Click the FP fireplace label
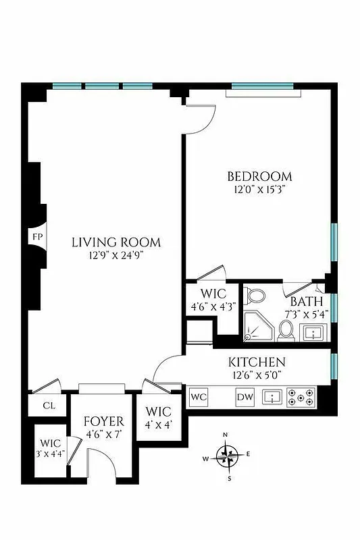pyautogui.click(x=36, y=237)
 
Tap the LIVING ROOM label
pyautogui.click(x=116, y=242)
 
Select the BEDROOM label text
pyautogui.click(x=259, y=177)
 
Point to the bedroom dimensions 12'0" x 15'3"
pyautogui.click(x=259, y=190)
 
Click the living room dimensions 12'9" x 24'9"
pyautogui.click(x=116, y=256)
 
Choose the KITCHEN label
pyautogui.click(x=256, y=362)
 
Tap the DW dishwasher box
pyautogui.click(x=245, y=398)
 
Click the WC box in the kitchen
pyautogui.click(x=199, y=397)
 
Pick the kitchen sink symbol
pyautogui.click(x=272, y=397)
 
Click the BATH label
pyautogui.click(x=307, y=302)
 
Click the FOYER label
pyautogui.click(x=103, y=422)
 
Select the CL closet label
pyautogui.click(x=49, y=406)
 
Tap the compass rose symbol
pyautogui.click(x=228, y=456)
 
